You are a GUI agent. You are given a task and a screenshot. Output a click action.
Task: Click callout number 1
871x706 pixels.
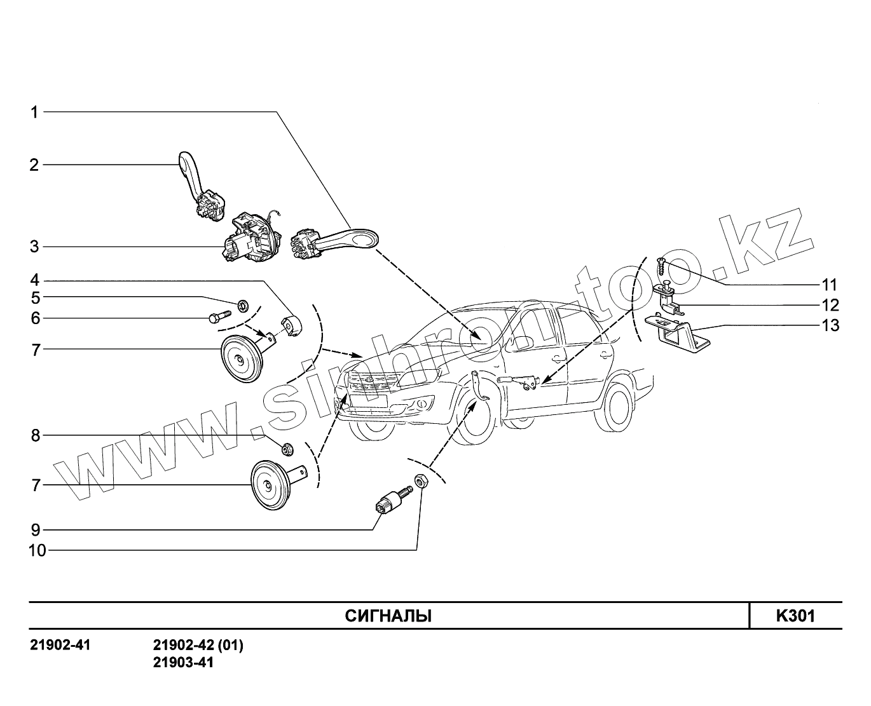[35, 112]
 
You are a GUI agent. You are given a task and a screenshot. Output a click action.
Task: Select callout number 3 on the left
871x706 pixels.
[34, 247]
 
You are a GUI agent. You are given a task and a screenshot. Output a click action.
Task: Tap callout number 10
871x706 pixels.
[38, 550]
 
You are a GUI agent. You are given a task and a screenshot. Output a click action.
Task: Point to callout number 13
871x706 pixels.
[830, 325]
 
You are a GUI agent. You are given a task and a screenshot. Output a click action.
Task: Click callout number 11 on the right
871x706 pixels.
[829, 284]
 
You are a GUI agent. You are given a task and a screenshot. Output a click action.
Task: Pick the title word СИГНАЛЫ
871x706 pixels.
[388, 616]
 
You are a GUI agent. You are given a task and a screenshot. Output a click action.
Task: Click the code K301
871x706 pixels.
[795, 616]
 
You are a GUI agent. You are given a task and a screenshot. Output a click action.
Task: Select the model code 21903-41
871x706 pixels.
[183, 662]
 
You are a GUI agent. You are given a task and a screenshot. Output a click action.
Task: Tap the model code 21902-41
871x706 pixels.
[60, 646]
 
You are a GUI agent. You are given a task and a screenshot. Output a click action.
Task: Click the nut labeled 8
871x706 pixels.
[287, 449]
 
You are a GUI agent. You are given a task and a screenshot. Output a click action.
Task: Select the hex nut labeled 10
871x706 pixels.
[420, 481]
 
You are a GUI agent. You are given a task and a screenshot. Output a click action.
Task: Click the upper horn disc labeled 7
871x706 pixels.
[240, 360]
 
